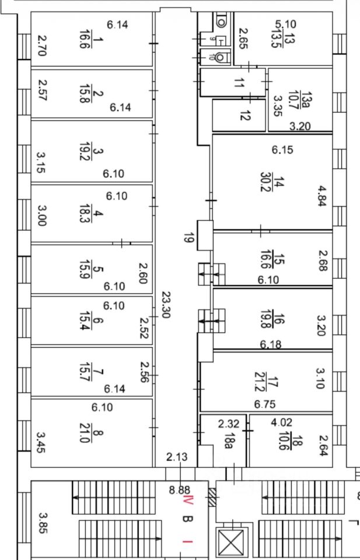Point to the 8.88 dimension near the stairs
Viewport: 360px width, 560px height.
tap(179, 491)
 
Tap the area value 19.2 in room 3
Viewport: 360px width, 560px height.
tap(85, 152)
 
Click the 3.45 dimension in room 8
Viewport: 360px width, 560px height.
tap(40, 442)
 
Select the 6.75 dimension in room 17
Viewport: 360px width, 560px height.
tap(264, 404)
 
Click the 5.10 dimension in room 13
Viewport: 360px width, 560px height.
tap(285, 24)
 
